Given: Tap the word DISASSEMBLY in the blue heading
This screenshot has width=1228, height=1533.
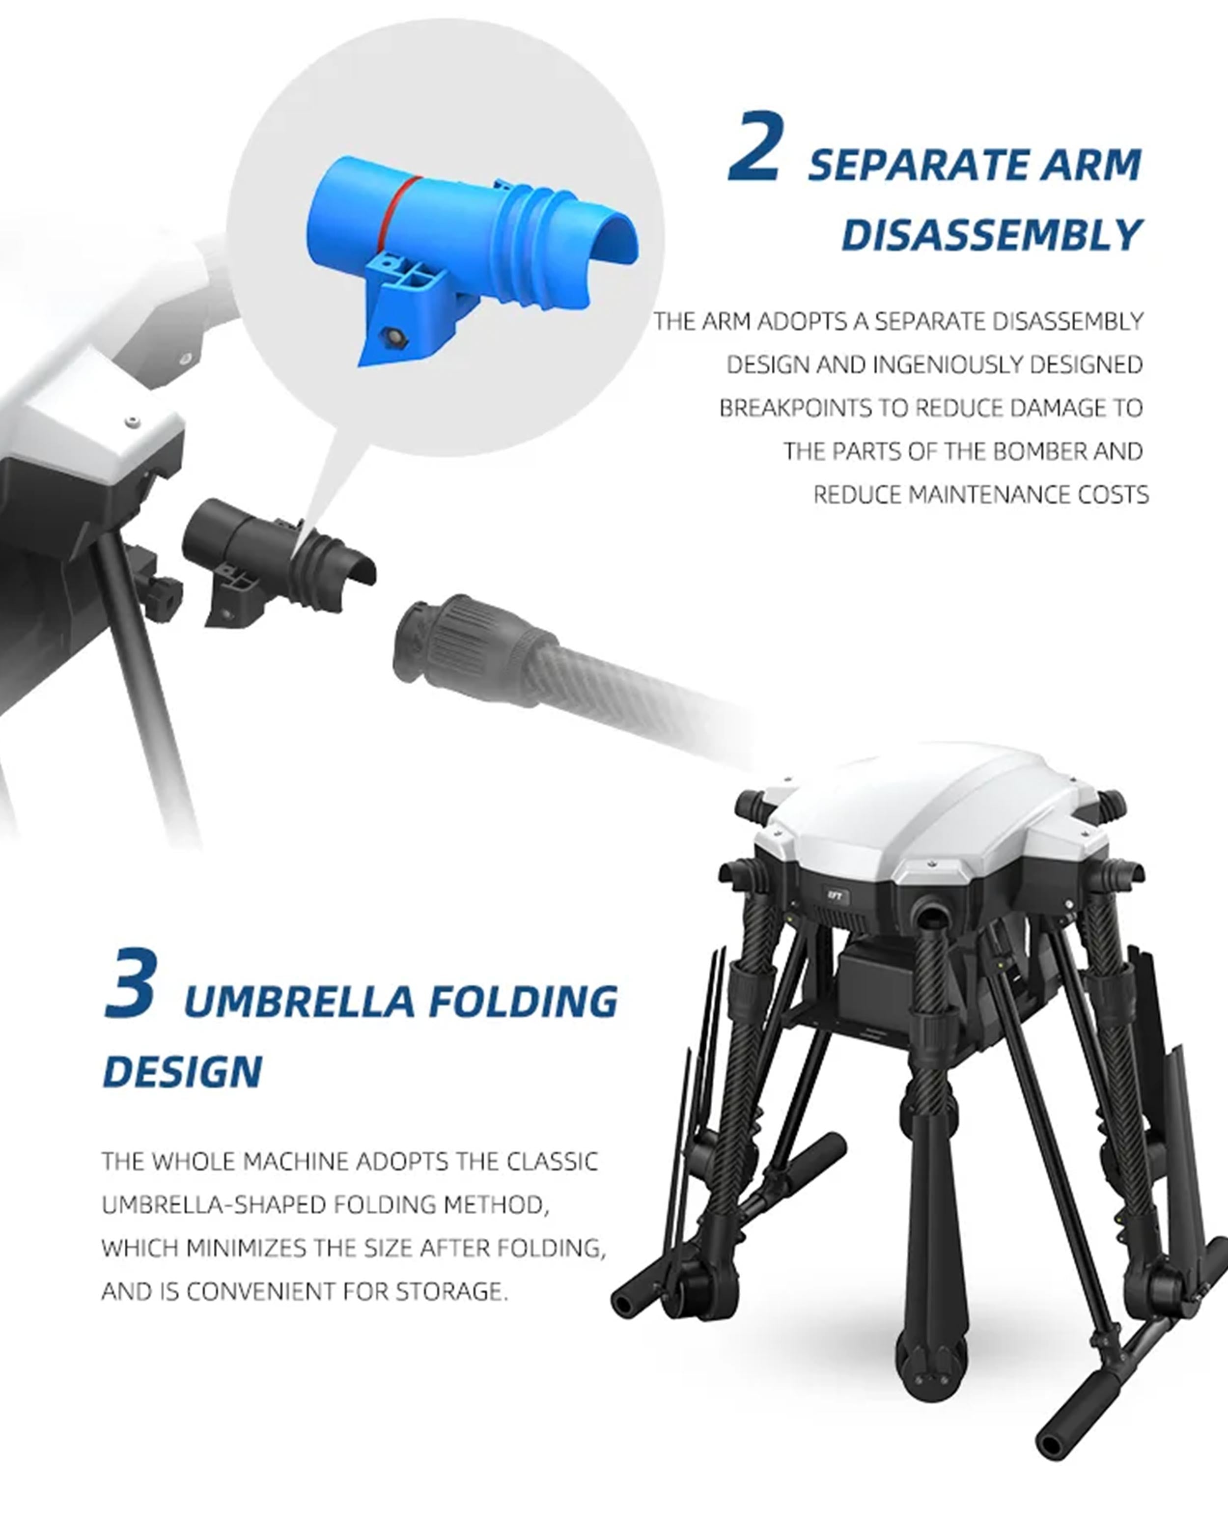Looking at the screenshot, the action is coord(992,235).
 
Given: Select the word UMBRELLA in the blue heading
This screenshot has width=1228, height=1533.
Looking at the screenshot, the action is coord(299,1002).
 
